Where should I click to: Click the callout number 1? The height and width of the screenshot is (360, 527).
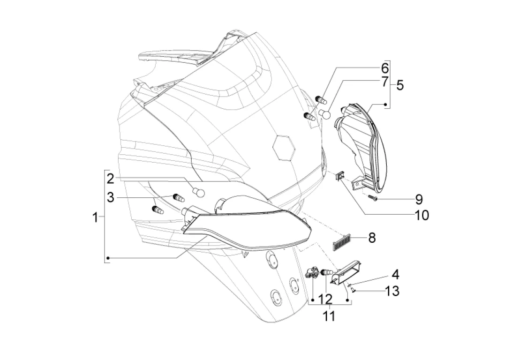[96, 217]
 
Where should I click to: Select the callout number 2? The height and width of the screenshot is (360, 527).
[111, 179]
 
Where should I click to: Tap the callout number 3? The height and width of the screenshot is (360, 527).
[111, 198]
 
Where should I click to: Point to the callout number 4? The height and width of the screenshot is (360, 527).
[395, 274]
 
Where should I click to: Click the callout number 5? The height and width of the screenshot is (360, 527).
[399, 85]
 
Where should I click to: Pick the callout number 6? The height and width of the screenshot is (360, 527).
[385, 68]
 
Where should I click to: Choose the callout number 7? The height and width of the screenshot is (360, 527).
[385, 82]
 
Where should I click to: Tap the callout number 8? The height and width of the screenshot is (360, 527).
[372, 238]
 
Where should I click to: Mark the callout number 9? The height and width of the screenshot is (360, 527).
[419, 199]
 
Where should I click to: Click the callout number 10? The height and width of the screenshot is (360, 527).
[422, 215]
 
